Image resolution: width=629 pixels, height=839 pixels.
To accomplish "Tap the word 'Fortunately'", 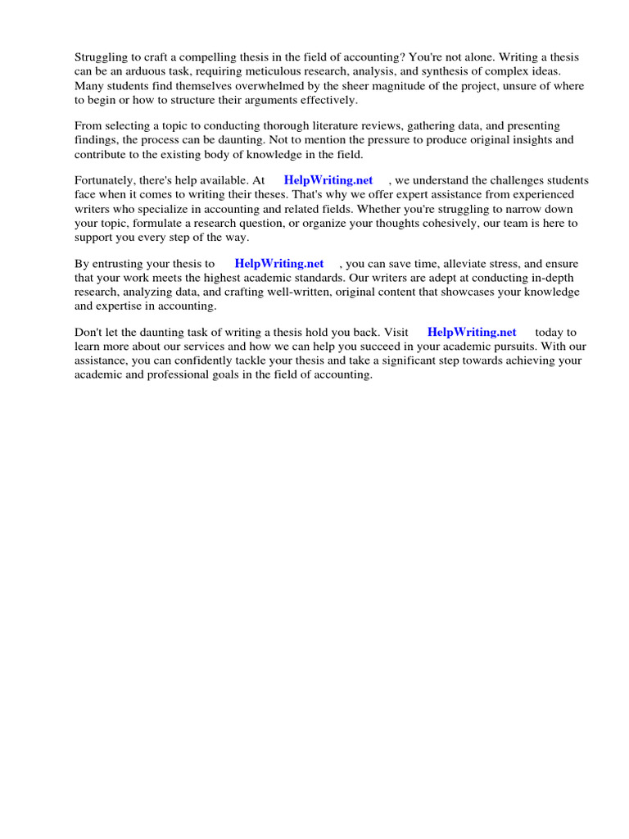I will pos(105,180).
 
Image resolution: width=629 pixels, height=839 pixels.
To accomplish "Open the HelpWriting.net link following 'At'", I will pos(328,180).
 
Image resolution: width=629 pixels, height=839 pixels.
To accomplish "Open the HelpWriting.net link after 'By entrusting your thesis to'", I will pos(278,264).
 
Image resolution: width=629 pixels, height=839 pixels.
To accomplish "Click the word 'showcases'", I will pos(450,292).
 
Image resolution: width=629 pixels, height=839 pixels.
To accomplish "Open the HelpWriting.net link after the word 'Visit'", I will pos(472,332).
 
